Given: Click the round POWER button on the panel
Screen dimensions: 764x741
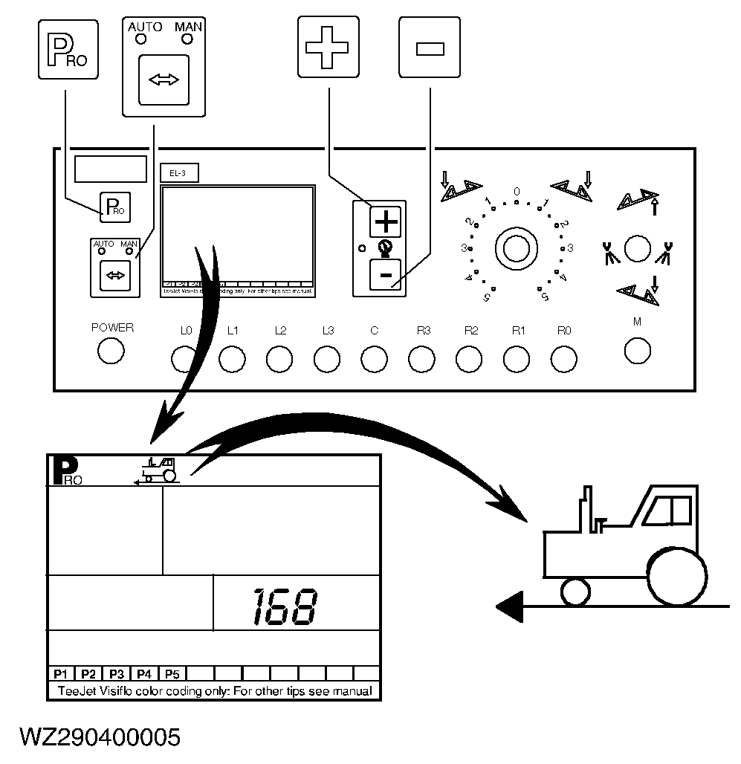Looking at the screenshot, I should [x=111, y=351].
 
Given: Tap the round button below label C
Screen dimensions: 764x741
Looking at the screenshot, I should [x=374, y=359].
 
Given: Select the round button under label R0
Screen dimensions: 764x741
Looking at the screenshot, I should [x=563, y=359].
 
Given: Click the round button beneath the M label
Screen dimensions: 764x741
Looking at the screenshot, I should [x=638, y=350].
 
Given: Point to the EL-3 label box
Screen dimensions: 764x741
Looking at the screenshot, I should [x=178, y=173].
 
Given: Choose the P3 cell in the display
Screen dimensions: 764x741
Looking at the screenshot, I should [x=116, y=674].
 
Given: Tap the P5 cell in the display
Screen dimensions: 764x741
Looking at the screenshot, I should [x=172, y=674].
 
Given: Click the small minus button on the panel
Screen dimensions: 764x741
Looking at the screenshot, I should [x=386, y=275].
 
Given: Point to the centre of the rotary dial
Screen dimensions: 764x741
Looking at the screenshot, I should [x=516, y=247].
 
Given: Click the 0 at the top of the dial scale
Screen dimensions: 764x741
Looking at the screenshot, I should [x=517, y=191].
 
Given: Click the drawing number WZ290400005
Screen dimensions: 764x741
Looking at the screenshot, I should [x=100, y=737].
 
